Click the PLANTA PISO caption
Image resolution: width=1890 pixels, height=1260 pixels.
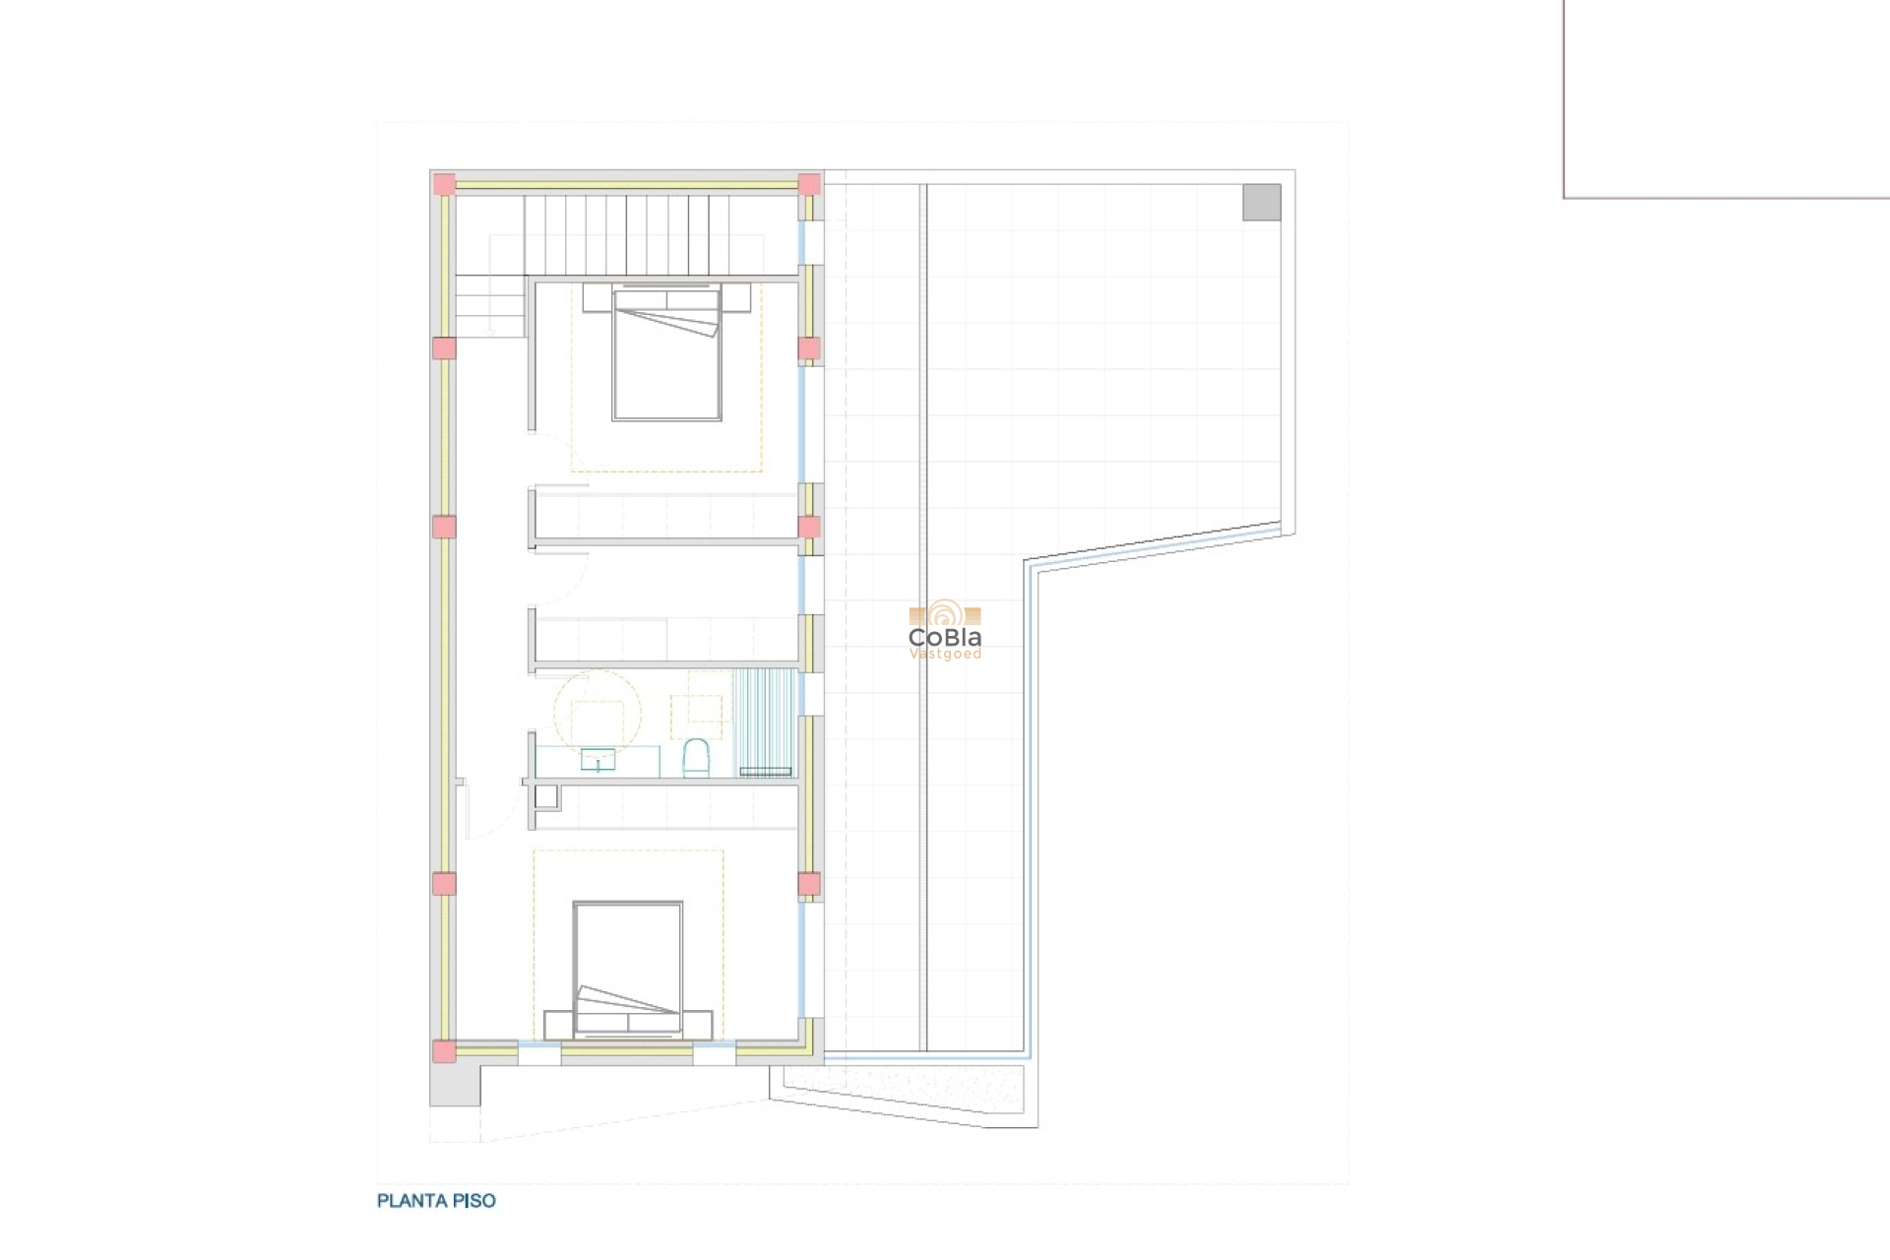[x=436, y=1201]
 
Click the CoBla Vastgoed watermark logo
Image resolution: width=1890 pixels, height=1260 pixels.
[x=945, y=631]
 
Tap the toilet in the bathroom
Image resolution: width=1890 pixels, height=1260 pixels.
[x=696, y=759]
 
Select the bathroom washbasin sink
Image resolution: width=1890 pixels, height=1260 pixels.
[x=598, y=759]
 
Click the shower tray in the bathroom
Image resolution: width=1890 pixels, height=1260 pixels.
[x=765, y=722]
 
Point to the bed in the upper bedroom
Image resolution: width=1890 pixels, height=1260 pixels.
[x=666, y=354]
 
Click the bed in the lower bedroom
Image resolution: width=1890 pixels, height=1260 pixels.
[x=628, y=969]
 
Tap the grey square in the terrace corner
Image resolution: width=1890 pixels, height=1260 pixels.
[x=1262, y=203]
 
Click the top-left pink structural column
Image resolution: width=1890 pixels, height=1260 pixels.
[x=445, y=184]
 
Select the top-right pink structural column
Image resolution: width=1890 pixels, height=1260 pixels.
[x=809, y=184]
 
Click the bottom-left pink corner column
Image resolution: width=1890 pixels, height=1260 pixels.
[x=445, y=1051]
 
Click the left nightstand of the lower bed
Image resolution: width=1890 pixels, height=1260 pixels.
[x=558, y=1025]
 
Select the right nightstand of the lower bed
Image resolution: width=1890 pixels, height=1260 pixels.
[x=698, y=1025]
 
